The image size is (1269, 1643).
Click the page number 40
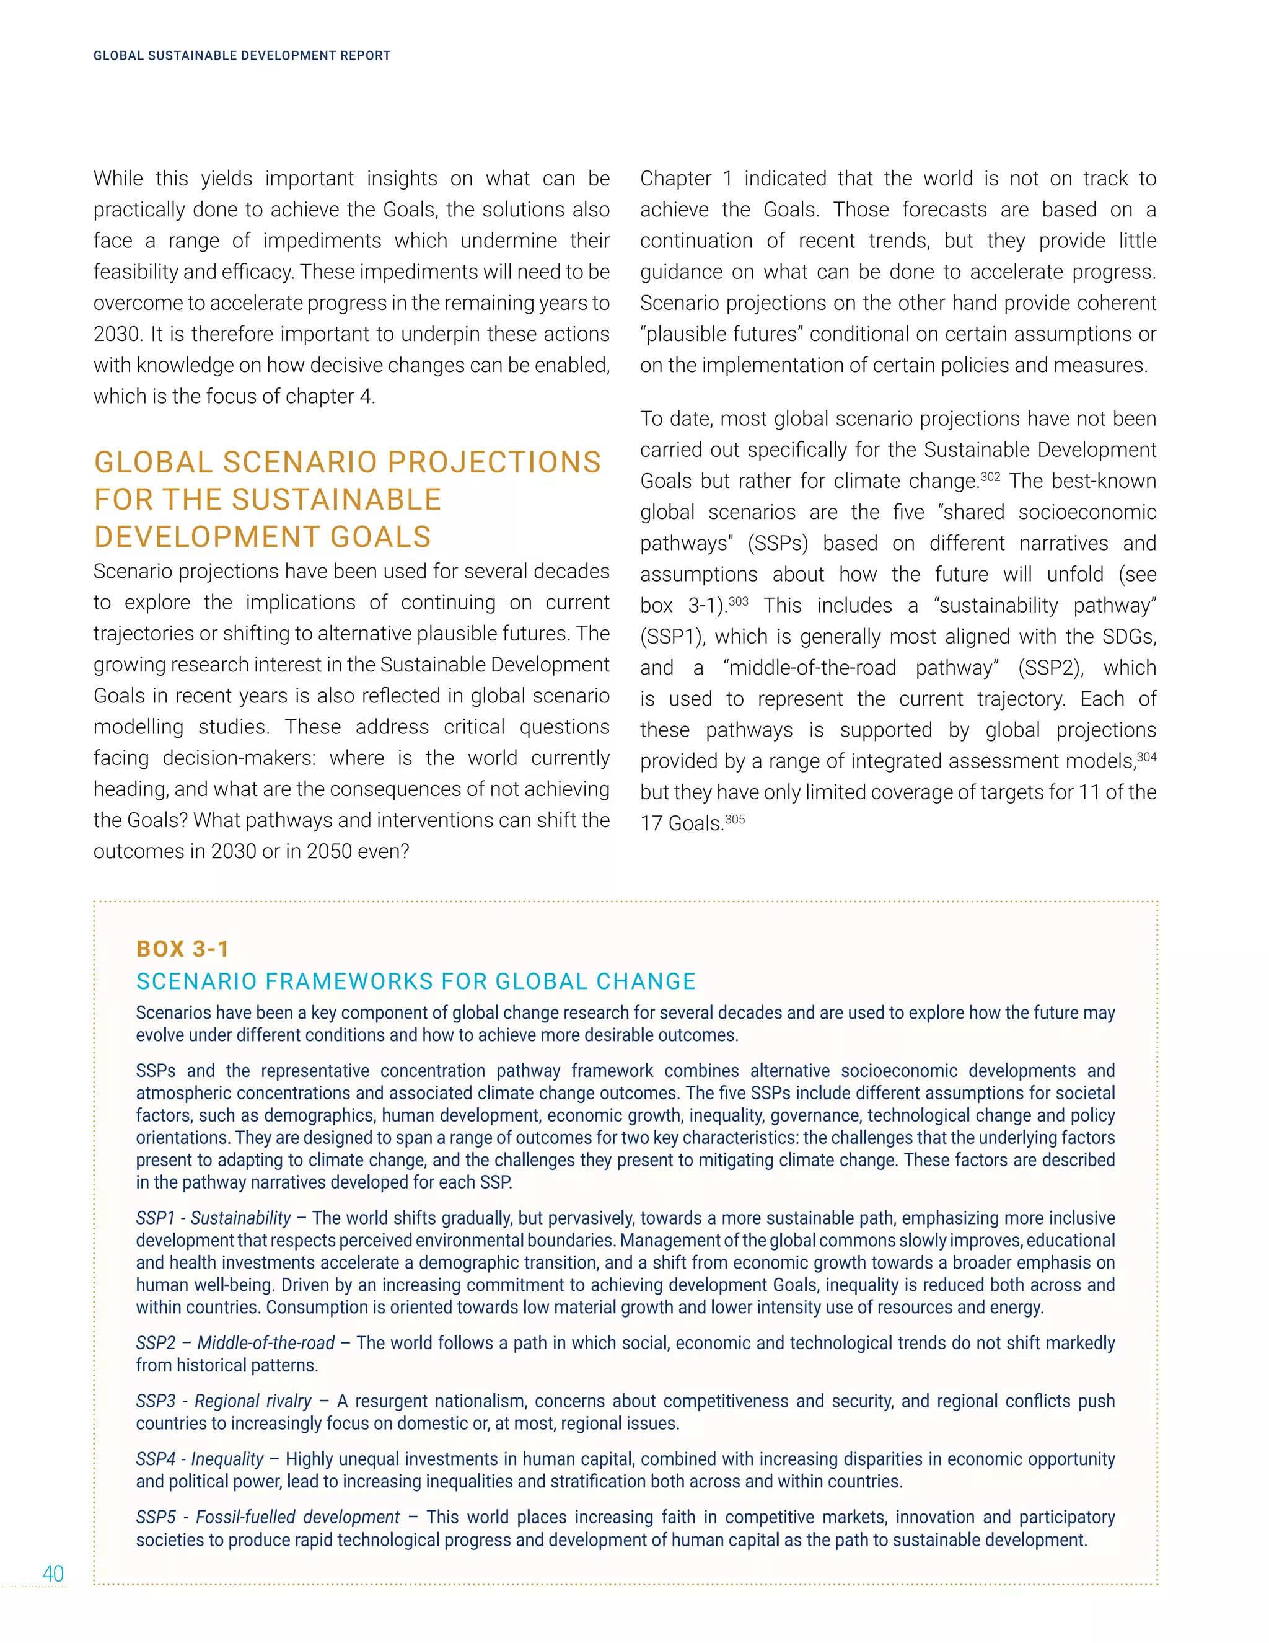click(53, 1574)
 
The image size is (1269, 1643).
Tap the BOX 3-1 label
click(183, 949)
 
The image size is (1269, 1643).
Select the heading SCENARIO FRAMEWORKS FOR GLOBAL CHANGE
click(416, 981)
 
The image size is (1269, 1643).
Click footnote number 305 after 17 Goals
click(734, 818)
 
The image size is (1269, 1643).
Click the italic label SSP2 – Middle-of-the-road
click(235, 1343)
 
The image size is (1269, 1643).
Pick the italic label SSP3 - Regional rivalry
click(223, 1401)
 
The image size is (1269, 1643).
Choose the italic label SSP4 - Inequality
click(200, 1459)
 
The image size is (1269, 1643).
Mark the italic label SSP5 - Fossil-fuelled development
click(268, 1517)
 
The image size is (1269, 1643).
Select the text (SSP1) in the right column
click(672, 637)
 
